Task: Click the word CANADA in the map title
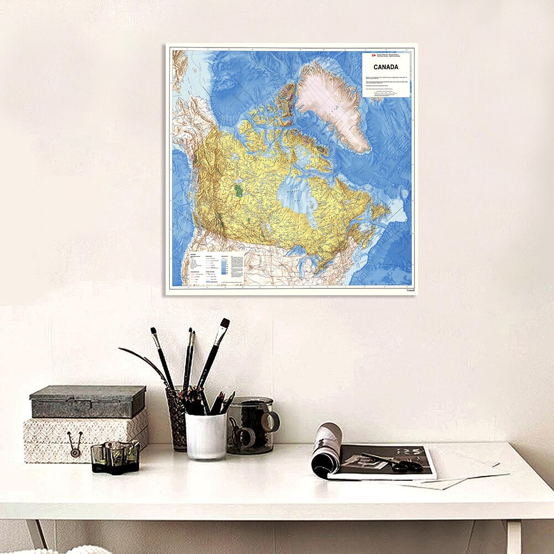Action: tap(386, 67)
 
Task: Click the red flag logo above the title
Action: tap(374, 56)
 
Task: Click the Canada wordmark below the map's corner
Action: tap(410, 290)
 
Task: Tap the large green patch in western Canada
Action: tap(239, 191)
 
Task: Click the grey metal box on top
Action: tap(87, 401)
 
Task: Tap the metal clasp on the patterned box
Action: tap(74, 444)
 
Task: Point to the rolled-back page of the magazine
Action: tap(325, 449)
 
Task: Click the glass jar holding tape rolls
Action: tap(250, 426)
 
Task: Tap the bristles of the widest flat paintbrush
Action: tap(224, 324)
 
